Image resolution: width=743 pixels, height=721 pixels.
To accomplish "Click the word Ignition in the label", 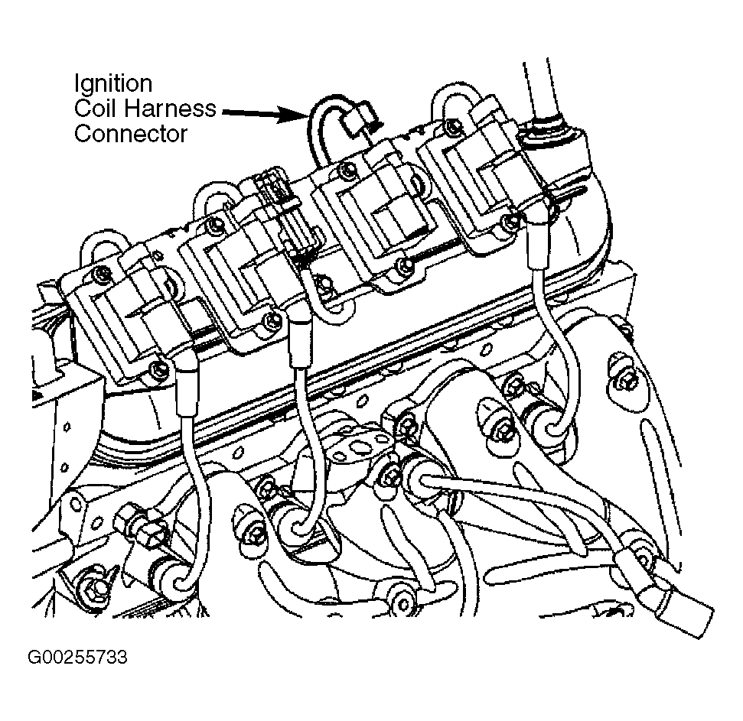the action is click(x=113, y=84).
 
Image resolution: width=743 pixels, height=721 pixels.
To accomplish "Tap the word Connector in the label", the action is click(x=131, y=134).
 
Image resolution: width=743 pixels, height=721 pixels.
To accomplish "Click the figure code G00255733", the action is click(x=78, y=657).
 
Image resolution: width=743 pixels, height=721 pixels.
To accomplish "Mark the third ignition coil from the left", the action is click(x=374, y=222).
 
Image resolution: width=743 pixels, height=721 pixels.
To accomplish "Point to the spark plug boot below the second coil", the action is click(x=301, y=337).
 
